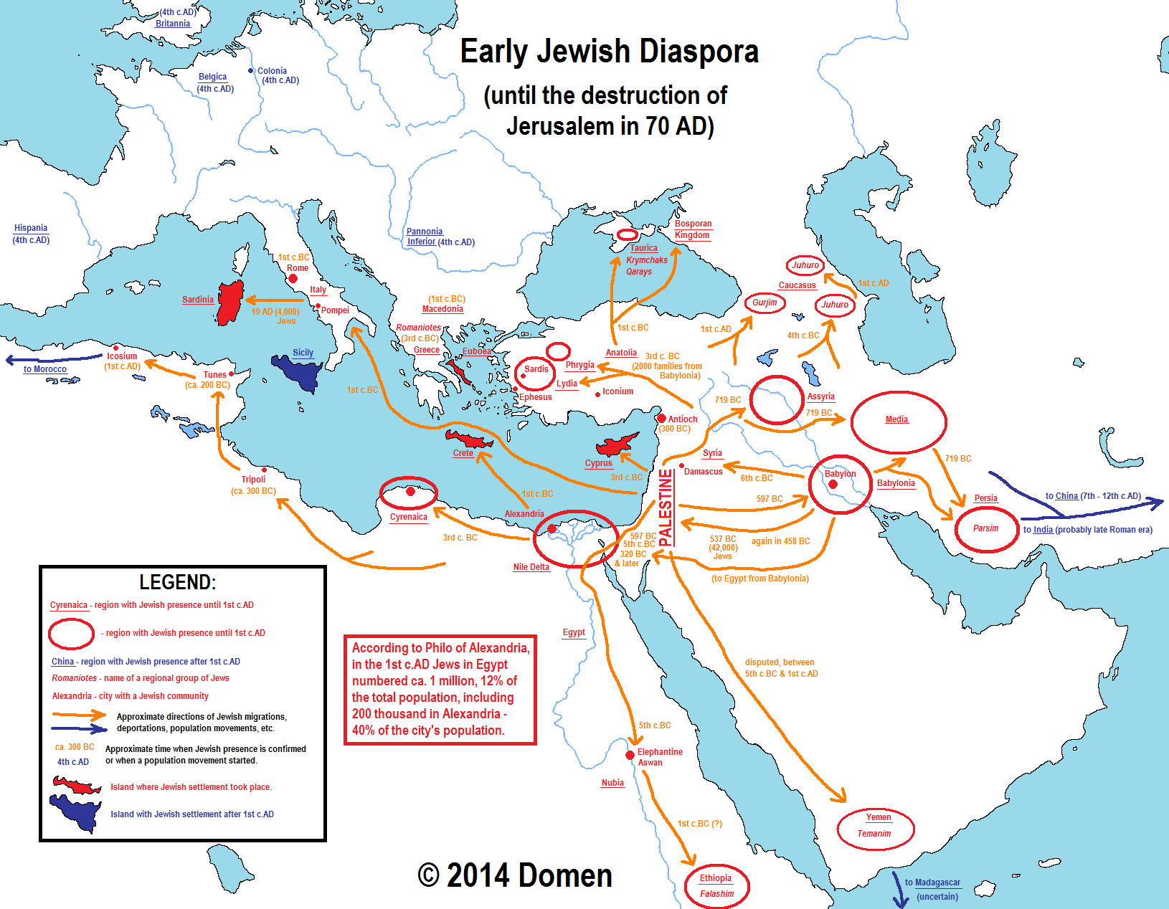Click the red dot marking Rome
[x=293, y=278]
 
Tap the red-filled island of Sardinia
[x=230, y=304]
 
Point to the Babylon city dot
[x=833, y=485]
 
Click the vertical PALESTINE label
[x=666, y=507]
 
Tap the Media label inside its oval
[x=896, y=419]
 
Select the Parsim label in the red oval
[x=985, y=528]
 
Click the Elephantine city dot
[x=630, y=755]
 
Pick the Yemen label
[x=878, y=817]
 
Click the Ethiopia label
[x=716, y=878]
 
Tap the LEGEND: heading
[x=177, y=581]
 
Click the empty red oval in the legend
[x=71, y=634]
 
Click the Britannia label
[x=173, y=24]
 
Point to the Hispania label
[x=31, y=228]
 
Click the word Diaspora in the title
[x=699, y=52]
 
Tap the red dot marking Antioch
[x=661, y=418]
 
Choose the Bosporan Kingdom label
[x=693, y=229]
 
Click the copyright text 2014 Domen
[x=515, y=875]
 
